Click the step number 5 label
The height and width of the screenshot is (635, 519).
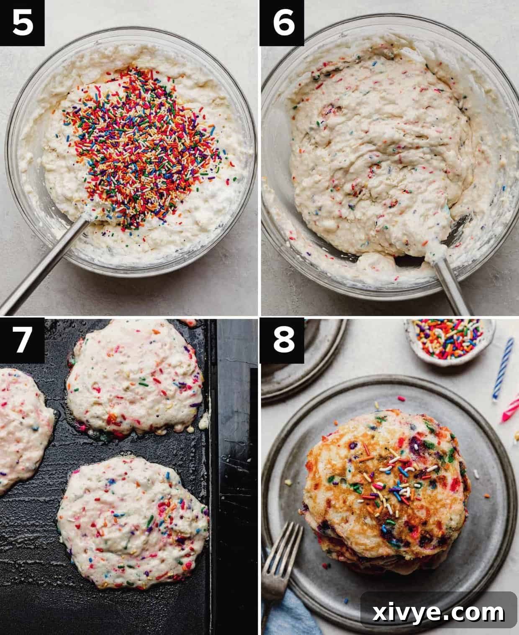point(22,23)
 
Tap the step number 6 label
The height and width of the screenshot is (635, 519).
point(283,23)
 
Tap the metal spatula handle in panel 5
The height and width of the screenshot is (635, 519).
point(42,268)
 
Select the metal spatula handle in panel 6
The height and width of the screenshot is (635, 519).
point(452,289)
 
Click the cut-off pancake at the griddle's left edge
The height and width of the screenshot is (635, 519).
point(21,427)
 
